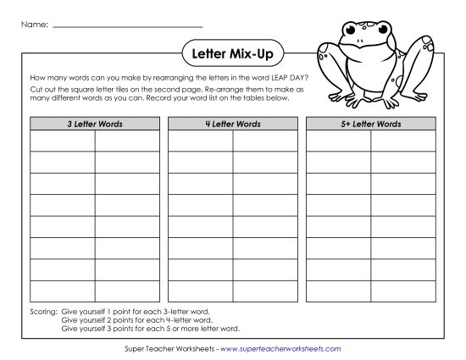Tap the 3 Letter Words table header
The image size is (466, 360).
coord(95,124)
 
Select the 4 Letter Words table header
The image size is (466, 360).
coord(233,124)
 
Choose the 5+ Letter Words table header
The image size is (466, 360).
coord(371,124)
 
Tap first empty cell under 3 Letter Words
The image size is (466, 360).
coord(63,141)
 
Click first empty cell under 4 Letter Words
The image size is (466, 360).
coord(201,141)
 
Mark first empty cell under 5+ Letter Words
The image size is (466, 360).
coord(339,141)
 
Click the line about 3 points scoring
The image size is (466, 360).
coord(151,328)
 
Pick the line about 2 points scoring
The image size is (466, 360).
coord(136,320)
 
